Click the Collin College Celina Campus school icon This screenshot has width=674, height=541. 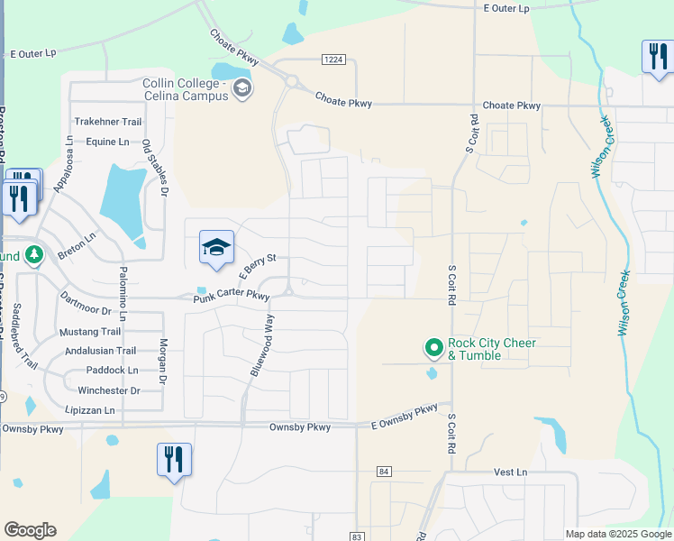click(x=241, y=88)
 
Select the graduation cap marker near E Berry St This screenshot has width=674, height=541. click(x=216, y=247)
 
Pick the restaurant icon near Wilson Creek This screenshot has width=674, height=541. click(x=656, y=57)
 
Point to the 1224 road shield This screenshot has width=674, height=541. click(x=333, y=60)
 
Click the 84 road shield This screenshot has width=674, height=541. click(x=385, y=472)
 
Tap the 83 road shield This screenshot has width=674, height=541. click(x=357, y=536)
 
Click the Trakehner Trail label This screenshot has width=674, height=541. click(x=108, y=122)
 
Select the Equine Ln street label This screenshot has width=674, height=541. click(x=107, y=142)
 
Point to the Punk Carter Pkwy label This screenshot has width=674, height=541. click(x=232, y=296)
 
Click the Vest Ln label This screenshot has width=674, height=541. click(x=510, y=472)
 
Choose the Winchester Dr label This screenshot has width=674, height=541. click(x=108, y=390)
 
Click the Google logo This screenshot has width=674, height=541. click(x=30, y=530)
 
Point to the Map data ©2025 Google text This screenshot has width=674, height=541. click(x=617, y=534)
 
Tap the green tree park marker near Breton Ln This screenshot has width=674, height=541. click(x=34, y=256)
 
